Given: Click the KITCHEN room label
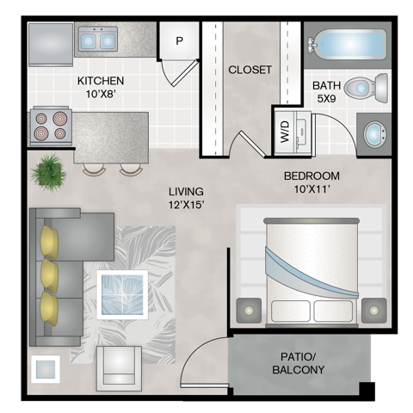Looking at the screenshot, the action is click(101, 81).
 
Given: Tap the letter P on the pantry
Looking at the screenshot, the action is click(179, 41).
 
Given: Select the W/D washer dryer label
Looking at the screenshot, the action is click(285, 132).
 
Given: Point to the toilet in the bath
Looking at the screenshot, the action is click(367, 88).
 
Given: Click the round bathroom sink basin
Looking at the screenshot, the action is click(375, 134).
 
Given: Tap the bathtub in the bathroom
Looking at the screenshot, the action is click(348, 45).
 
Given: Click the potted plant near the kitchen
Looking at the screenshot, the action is click(49, 173).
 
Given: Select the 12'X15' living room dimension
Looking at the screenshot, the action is click(187, 205).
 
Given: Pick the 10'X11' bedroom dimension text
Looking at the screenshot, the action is click(311, 189).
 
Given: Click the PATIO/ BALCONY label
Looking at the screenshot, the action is click(299, 363).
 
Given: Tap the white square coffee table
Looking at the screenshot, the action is click(122, 294).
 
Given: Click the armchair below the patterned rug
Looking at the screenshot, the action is click(119, 368).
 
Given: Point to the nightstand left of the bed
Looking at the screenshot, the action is click(249, 311).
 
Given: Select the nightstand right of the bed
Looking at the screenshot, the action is click(374, 311).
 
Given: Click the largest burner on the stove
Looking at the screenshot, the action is click(60, 119).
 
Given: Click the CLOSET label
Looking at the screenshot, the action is click(250, 70).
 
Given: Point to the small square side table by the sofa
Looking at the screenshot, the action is click(46, 369).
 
